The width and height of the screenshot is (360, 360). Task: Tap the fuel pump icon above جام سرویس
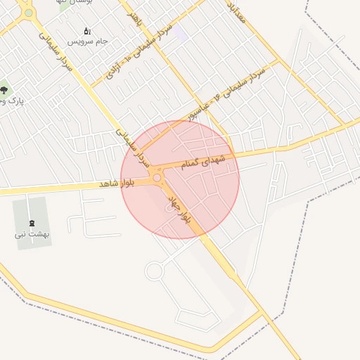(87, 31)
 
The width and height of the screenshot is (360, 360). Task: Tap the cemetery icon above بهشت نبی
(30, 223)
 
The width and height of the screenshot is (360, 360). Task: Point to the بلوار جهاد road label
(182, 210)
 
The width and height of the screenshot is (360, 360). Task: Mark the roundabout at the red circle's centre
(157, 178)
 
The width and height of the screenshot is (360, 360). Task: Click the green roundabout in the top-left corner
(28, 13)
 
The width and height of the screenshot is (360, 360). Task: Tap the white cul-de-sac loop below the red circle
(154, 271)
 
